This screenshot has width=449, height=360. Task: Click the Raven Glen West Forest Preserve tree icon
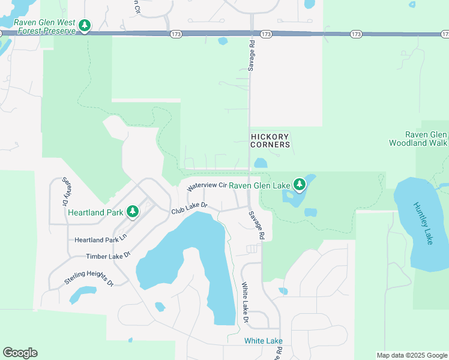(x=85, y=26)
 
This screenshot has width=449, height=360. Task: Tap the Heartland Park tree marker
(x=133, y=212)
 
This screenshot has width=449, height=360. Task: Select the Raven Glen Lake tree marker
(x=300, y=185)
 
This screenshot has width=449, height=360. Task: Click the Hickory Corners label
(x=270, y=140)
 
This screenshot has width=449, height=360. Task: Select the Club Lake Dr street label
(x=189, y=209)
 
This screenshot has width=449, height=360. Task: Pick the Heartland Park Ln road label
(x=101, y=239)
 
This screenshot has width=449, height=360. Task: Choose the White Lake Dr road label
(x=245, y=303)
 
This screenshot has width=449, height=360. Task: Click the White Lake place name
(x=264, y=341)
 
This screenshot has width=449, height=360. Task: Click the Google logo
(x=20, y=353)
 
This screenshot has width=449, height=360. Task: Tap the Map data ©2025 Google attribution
(x=412, y=355)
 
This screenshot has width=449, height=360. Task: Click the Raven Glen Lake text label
(x=259, y=185)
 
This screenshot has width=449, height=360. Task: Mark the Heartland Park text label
(x=95, y=212)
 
